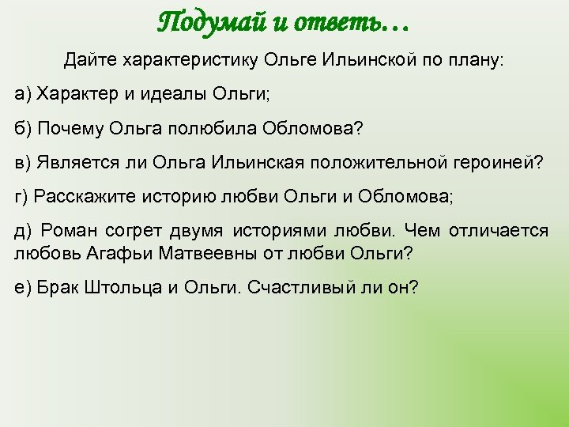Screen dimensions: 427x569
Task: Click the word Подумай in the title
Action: click(x=207, y=21)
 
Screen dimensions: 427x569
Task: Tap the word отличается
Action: click(x=499, y=231)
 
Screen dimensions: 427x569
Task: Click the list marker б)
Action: click(x=23, y=128)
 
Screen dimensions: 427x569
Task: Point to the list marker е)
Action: click(x=23, y=287)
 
